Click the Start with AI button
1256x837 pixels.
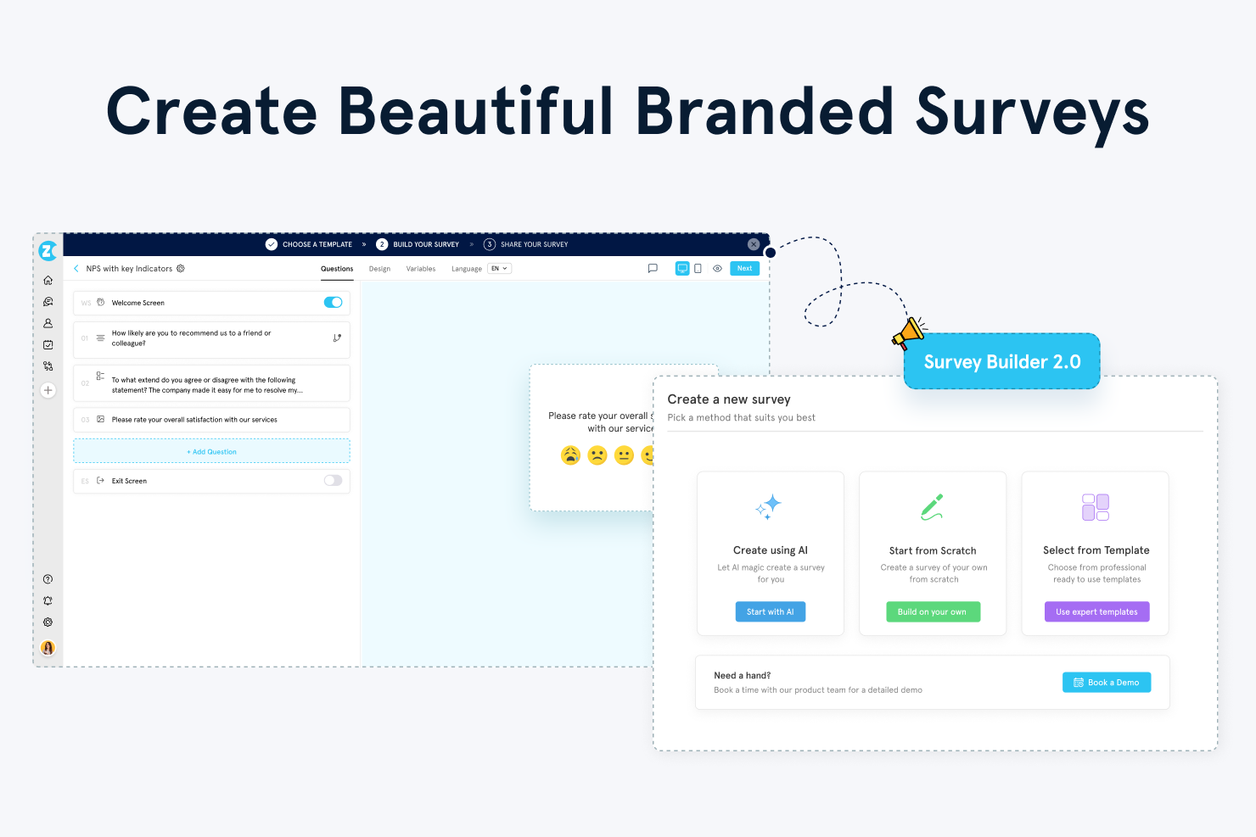[770, 611]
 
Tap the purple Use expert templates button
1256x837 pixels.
[1096, 611]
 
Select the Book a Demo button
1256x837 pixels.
[1107, 682]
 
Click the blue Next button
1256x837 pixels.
[744, 268]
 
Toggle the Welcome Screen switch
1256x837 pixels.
[333, 302]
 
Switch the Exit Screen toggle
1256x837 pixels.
[333, 480]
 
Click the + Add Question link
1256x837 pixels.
[211, 451]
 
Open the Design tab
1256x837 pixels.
[379, 269]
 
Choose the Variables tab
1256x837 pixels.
[421, 269]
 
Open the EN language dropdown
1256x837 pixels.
[500, 268]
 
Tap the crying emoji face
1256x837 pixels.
[570, 455]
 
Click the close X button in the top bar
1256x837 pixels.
[754, 244]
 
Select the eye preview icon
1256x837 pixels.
[717, 268]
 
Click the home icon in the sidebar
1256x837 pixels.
[48, 280]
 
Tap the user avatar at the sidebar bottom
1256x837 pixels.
[48, 648]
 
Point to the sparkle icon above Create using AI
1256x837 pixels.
[769, 506]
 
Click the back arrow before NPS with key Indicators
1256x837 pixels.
[76, 268]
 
